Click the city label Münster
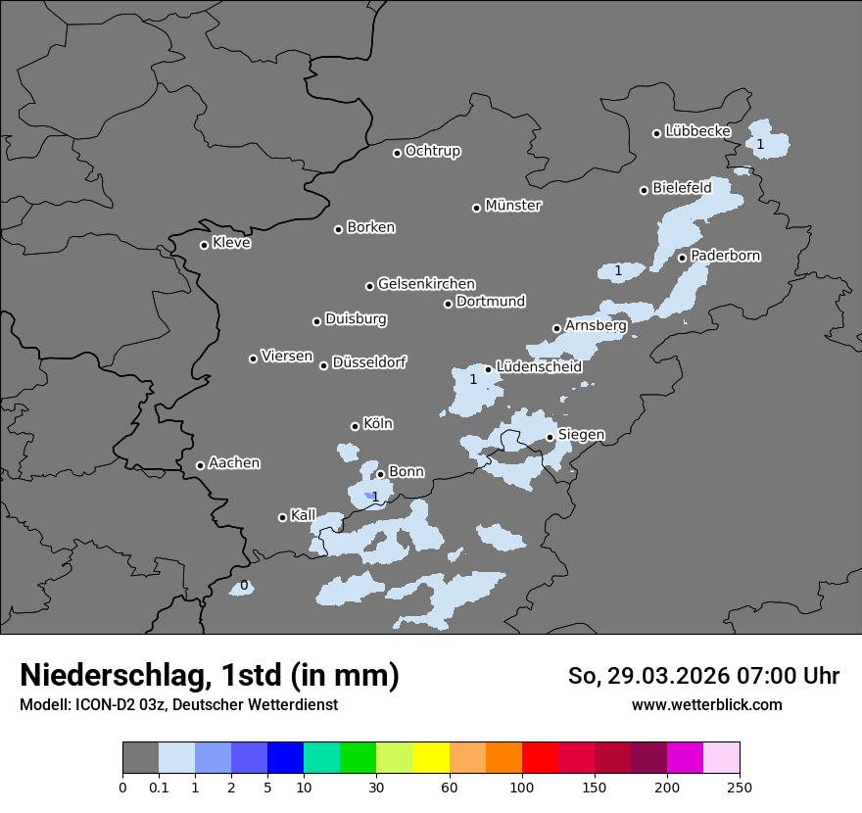513,206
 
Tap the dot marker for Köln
355,426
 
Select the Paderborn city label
725,256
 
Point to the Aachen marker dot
200,465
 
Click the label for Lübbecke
697,131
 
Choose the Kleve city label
231,243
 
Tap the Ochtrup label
432,151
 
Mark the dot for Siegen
550,437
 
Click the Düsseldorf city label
368,362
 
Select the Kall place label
303,515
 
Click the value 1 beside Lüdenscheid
473,379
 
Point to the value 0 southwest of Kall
244,586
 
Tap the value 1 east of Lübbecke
760,144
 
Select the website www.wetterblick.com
706,704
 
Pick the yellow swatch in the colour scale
431,758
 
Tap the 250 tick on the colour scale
740,787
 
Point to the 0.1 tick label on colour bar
158,787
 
